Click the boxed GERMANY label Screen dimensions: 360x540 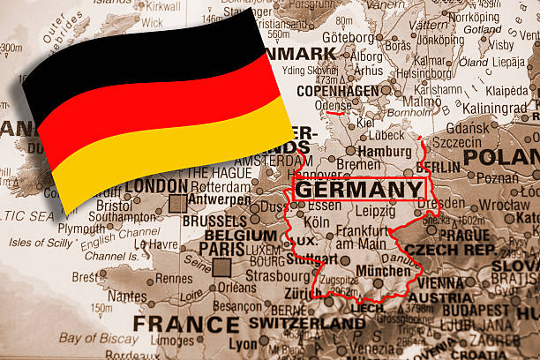coord(359,190)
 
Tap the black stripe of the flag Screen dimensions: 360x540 coord(132,62)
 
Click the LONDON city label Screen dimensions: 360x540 coord(156,186)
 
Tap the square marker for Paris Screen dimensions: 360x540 coord(221,267)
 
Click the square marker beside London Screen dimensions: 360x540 coord(177,203)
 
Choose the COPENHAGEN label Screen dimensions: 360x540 coord(337,90)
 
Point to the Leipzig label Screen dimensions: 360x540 coord(374,211)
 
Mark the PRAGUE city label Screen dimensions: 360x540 coord(463,236)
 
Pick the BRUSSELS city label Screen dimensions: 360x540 coord(216,220)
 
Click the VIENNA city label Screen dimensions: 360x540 coord(438,283)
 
